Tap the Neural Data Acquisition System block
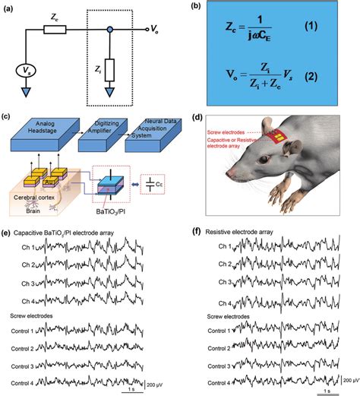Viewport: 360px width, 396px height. click(159, 127)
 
